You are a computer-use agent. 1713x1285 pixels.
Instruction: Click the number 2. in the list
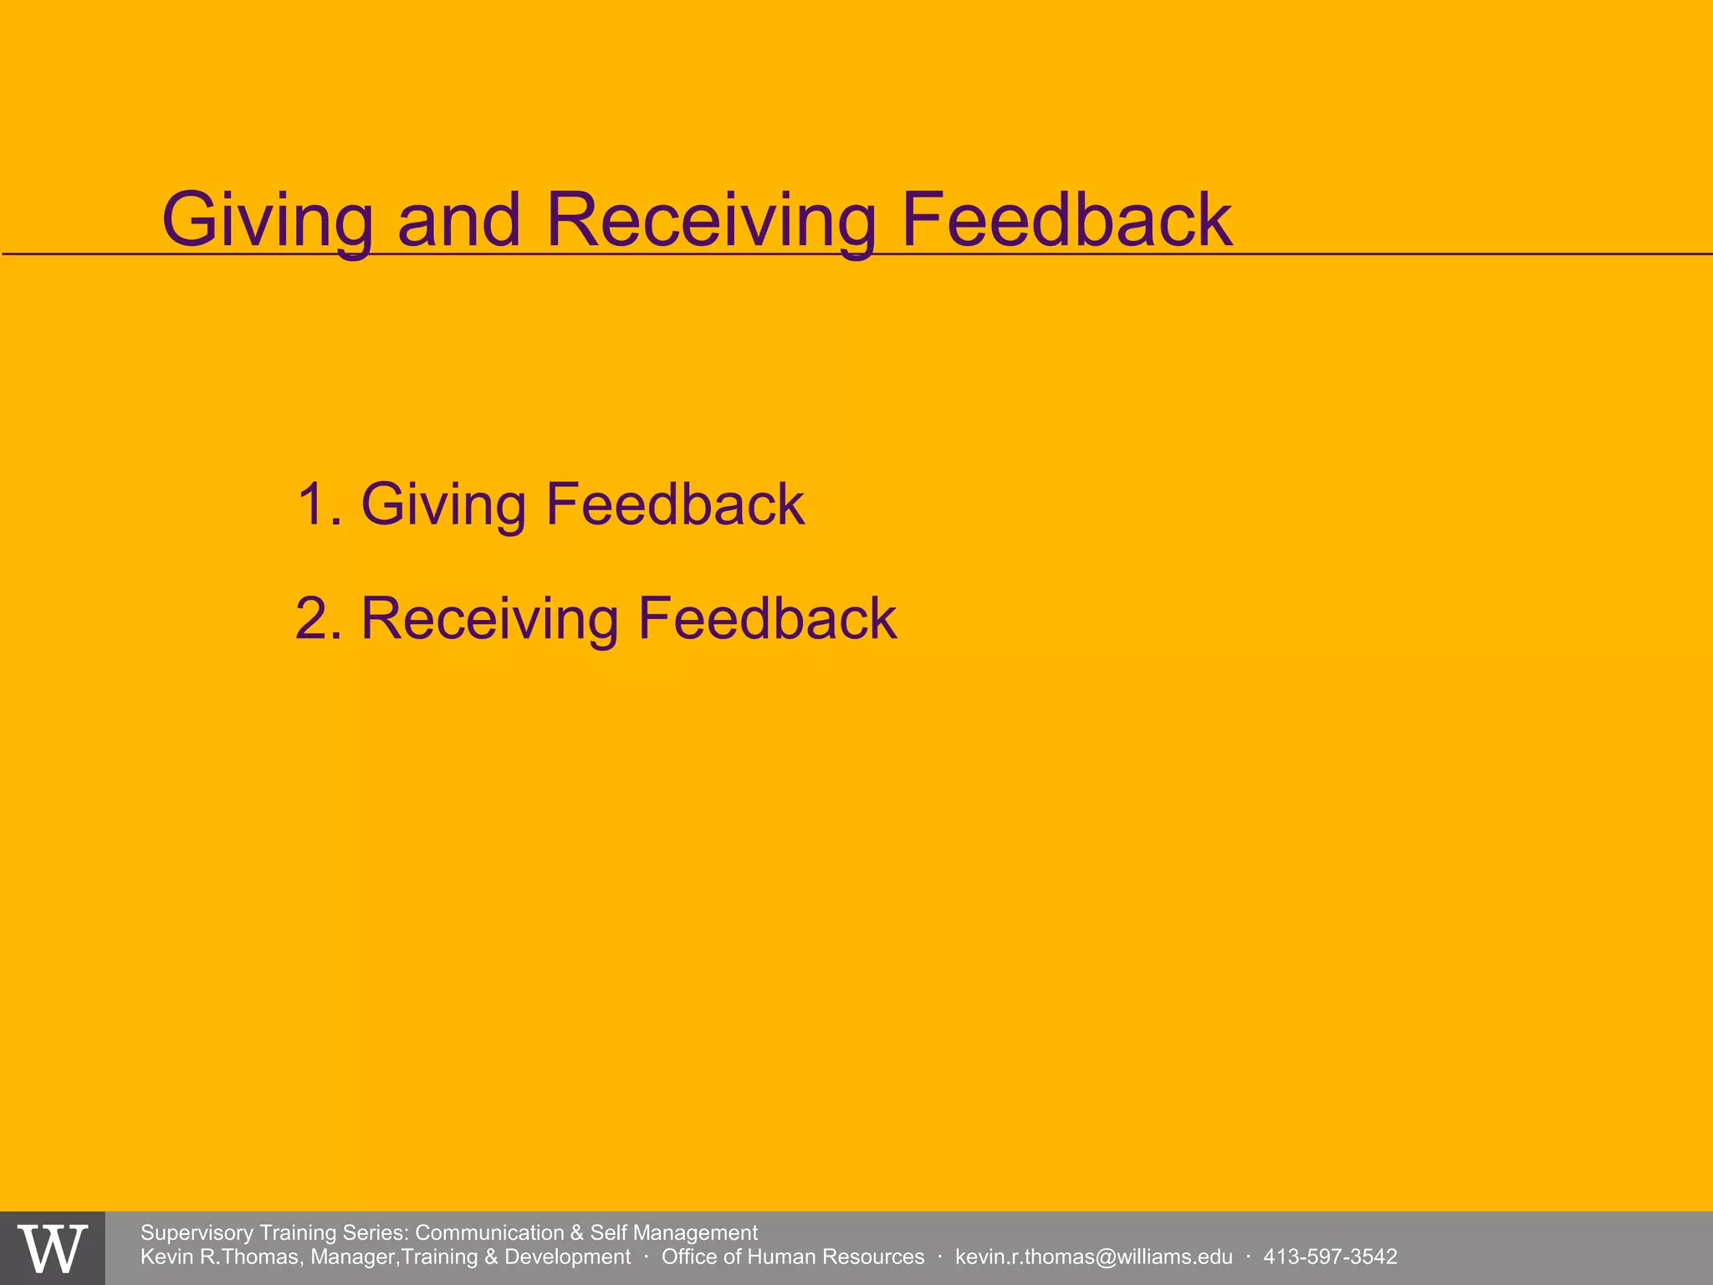pos(320,619)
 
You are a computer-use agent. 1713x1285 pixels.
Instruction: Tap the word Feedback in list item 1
pos(675,504)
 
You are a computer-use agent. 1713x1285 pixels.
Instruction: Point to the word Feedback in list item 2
pos(767,619)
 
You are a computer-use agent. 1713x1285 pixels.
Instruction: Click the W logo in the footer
pos(53,1248)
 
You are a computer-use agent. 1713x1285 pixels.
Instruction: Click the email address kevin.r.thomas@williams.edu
pos(1093,1257)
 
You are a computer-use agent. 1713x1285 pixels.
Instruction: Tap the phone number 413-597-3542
pos(1330,1257)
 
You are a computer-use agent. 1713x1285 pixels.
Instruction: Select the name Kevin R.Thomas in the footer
pos(220,1257)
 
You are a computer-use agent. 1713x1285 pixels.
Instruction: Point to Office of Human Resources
pos(793,1257)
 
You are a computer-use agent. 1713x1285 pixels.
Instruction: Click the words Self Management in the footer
pos(674,1232)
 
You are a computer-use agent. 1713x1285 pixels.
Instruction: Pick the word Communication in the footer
pos(489,1232)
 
